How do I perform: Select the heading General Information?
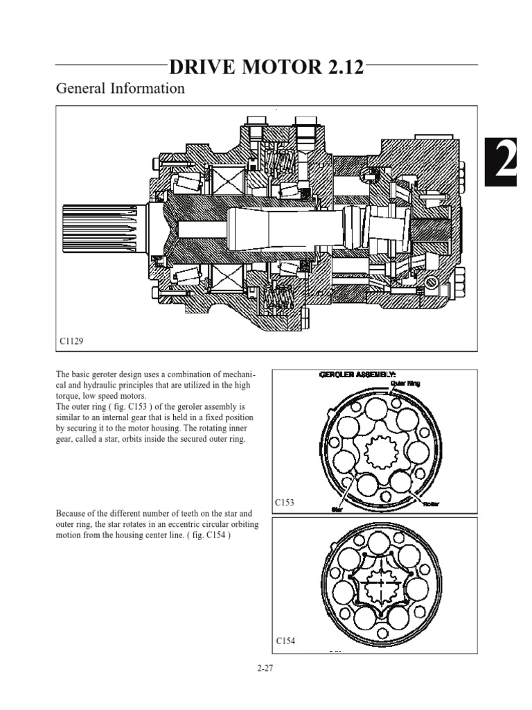pos(120,89)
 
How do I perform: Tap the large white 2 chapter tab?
pos(506,162)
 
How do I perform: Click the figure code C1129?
pos(71,341)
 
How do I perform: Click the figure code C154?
pos(285,641)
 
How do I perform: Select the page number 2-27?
pos(266,669)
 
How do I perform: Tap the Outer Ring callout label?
pos(405,382)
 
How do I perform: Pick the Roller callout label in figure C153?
pos(431,503)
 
